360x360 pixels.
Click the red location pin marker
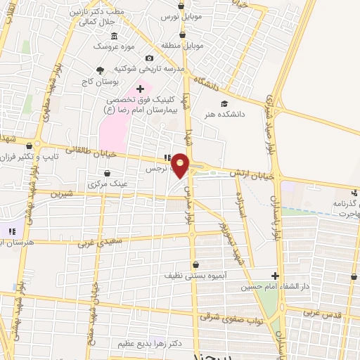(181, 165)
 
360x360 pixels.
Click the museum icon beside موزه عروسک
(114, 35)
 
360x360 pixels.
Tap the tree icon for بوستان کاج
(100, 70)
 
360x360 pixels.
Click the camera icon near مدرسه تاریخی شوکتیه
(149, 58)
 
